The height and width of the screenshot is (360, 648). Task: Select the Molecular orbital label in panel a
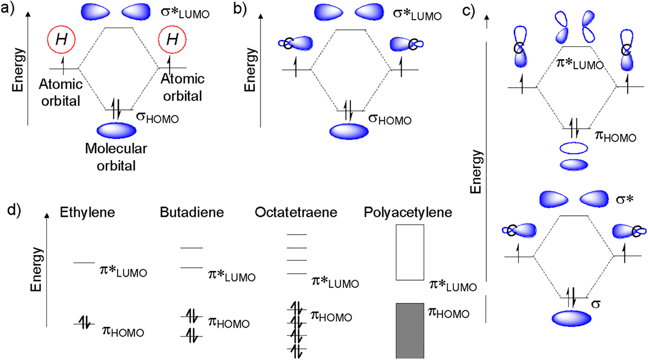tap(116, 157)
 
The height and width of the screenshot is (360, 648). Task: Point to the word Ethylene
tap(87, 213)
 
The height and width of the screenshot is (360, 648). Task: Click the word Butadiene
tap(192, 213)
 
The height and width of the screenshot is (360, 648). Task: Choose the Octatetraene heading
tap(296, 213)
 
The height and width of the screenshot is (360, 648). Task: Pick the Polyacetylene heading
tap(408, 213)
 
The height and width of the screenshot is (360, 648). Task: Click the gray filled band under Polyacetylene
tap(410, 331)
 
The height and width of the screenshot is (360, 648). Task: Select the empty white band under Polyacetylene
tap(397, 253)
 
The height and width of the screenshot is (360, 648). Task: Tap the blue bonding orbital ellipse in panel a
tap(117, 131)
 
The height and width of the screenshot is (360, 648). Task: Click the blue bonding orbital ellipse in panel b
tap(349, 132)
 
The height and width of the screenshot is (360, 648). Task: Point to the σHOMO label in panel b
tap(390, 119)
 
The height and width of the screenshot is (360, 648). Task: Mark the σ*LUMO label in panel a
tap(185, 13)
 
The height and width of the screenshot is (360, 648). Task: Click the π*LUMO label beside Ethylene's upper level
tap(123, 271)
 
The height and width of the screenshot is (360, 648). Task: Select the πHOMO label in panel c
tap(615, 136)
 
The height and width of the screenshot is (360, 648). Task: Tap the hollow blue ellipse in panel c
tap(574, 143)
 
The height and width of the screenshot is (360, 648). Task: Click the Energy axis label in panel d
tap(37, 269)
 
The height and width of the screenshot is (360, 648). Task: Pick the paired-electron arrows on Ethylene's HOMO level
tap(84, 323)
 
